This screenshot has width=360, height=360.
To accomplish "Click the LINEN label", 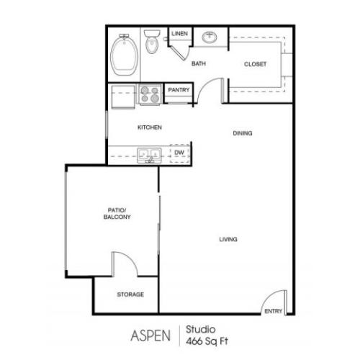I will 179,33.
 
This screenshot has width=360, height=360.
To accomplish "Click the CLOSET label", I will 256,64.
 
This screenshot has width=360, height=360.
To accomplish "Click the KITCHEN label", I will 150,127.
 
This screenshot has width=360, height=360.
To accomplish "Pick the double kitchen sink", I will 150,153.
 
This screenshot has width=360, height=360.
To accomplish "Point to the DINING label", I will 243,133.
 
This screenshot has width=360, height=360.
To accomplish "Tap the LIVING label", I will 229,239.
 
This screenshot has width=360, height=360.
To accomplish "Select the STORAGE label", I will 130,294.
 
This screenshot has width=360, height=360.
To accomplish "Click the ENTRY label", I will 273,311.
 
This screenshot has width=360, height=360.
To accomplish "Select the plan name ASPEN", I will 151,335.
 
